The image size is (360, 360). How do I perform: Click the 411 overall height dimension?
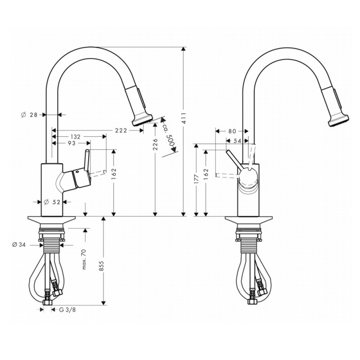[x=184, y=118]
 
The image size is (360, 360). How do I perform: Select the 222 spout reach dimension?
[x=121, y=130]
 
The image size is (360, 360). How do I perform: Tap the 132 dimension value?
[x=75, y=137]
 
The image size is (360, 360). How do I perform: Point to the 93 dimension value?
[x=72, y=143]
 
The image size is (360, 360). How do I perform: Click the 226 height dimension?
[x=155, y=144]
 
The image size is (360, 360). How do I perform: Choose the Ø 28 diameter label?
[x=29, y=115]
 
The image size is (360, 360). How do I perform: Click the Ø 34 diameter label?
[x=19, y=245]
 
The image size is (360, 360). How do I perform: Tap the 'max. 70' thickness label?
[x=84, y=259]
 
